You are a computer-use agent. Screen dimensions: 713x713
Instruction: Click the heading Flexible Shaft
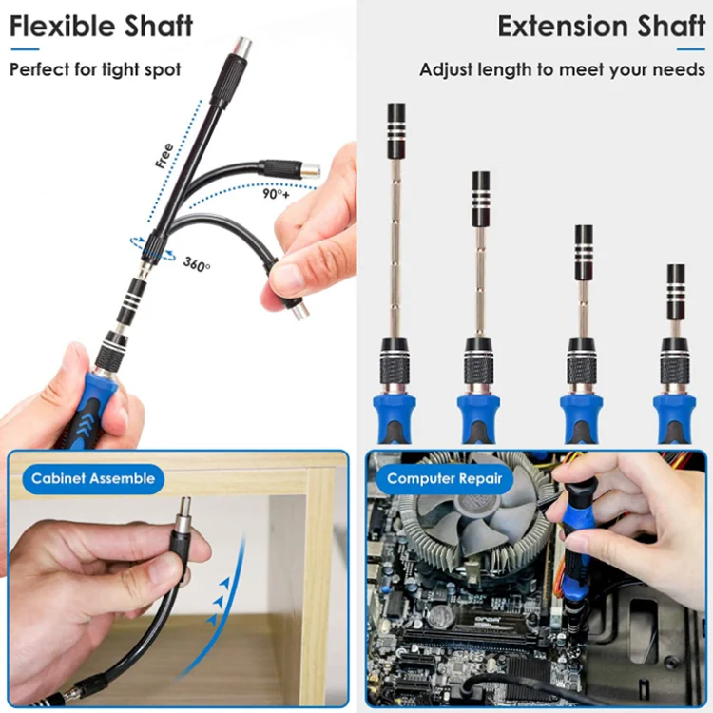pos(101,27)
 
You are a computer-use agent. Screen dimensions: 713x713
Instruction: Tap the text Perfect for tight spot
pos(95,69)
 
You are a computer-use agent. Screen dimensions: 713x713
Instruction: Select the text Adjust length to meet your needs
pos(562,70)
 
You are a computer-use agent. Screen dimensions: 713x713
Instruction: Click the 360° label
pos(197,263)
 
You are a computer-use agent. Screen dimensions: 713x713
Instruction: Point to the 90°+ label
pos(277,194)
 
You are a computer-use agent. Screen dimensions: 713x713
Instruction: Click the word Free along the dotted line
pos(164,155)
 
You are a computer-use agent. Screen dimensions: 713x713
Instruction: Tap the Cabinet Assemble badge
pos(92,478)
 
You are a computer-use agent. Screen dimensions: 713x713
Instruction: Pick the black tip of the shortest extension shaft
pos(676,290)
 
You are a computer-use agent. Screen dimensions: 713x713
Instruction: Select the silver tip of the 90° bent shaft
pos(311,171)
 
